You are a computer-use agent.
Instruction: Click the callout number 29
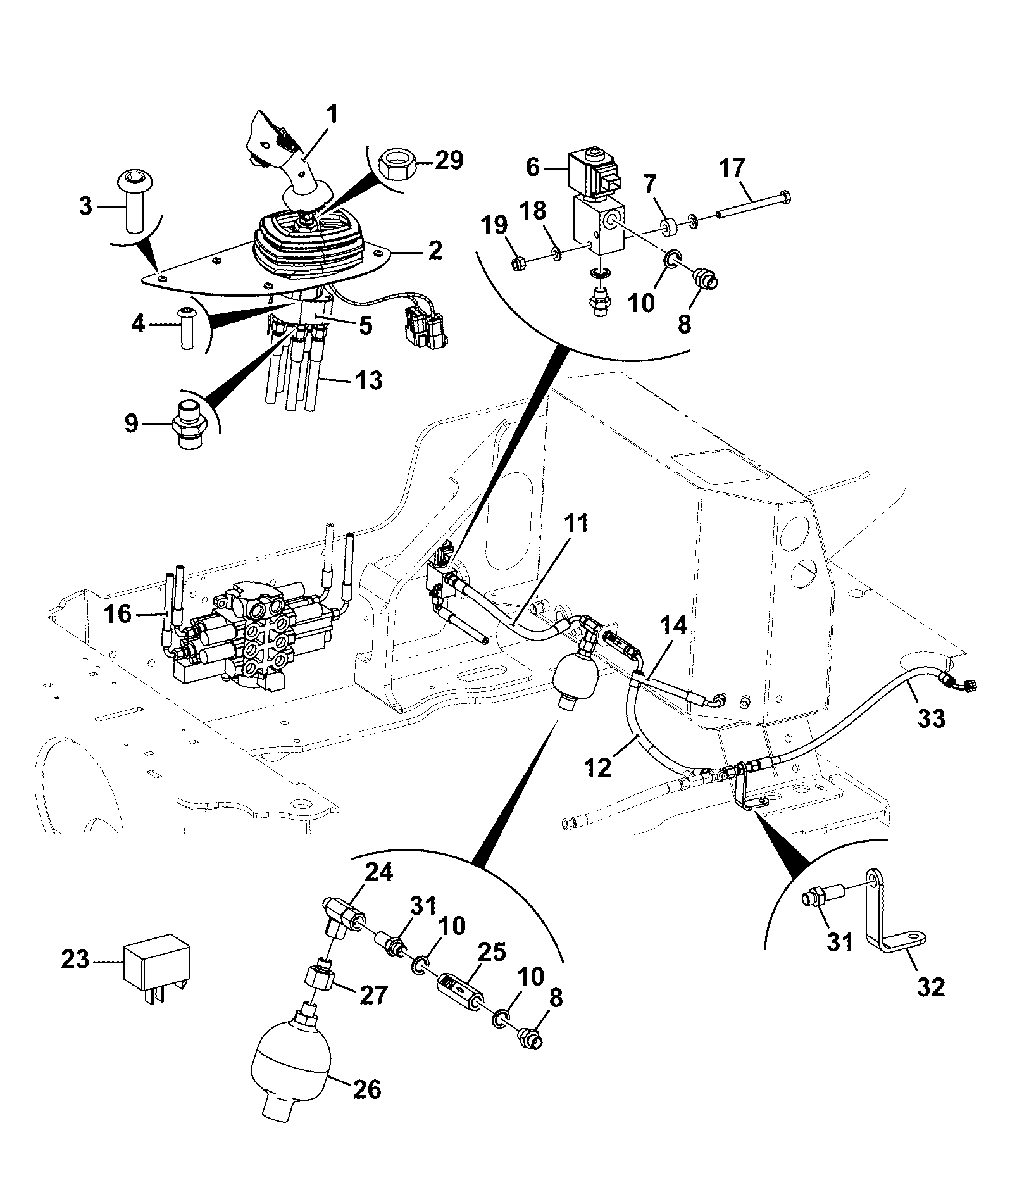(447, 161)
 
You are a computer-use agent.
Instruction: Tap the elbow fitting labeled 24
(346, 918)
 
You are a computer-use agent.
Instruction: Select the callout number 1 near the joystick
(332, 115)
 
